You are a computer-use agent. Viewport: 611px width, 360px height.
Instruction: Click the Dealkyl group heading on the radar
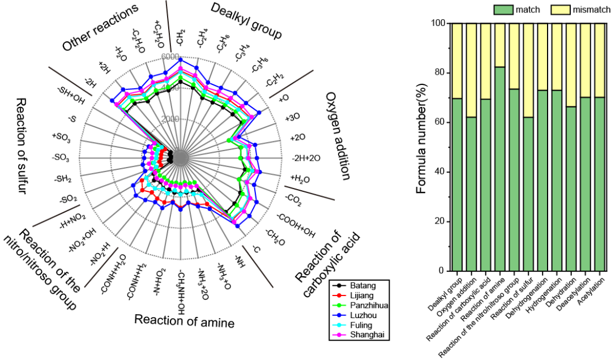coord(246,21)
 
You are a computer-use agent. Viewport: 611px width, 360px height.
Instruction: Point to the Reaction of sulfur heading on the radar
coord(22,145)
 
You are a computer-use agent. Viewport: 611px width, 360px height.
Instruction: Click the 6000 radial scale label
coord(170,57)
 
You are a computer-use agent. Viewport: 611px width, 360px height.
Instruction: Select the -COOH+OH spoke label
coord(295,224)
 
